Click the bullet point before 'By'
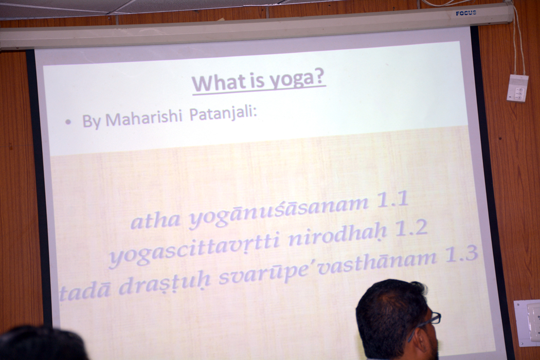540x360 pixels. [68, 122]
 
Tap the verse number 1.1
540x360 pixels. [393, 200]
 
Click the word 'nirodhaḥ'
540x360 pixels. [336, 236]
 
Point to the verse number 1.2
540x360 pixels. [411, 228]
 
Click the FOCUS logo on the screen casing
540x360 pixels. [466, 13]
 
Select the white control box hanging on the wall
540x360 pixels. [517, 88]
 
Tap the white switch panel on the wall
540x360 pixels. [527, 323]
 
